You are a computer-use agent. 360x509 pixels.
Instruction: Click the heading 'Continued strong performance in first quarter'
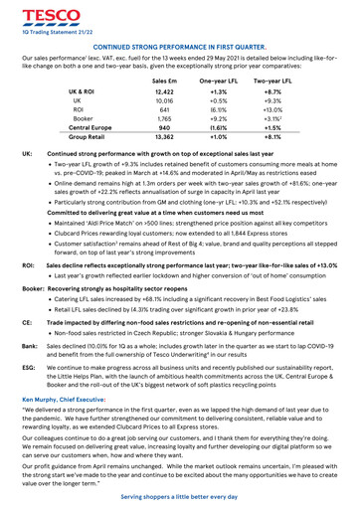[x=179, y=46]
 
